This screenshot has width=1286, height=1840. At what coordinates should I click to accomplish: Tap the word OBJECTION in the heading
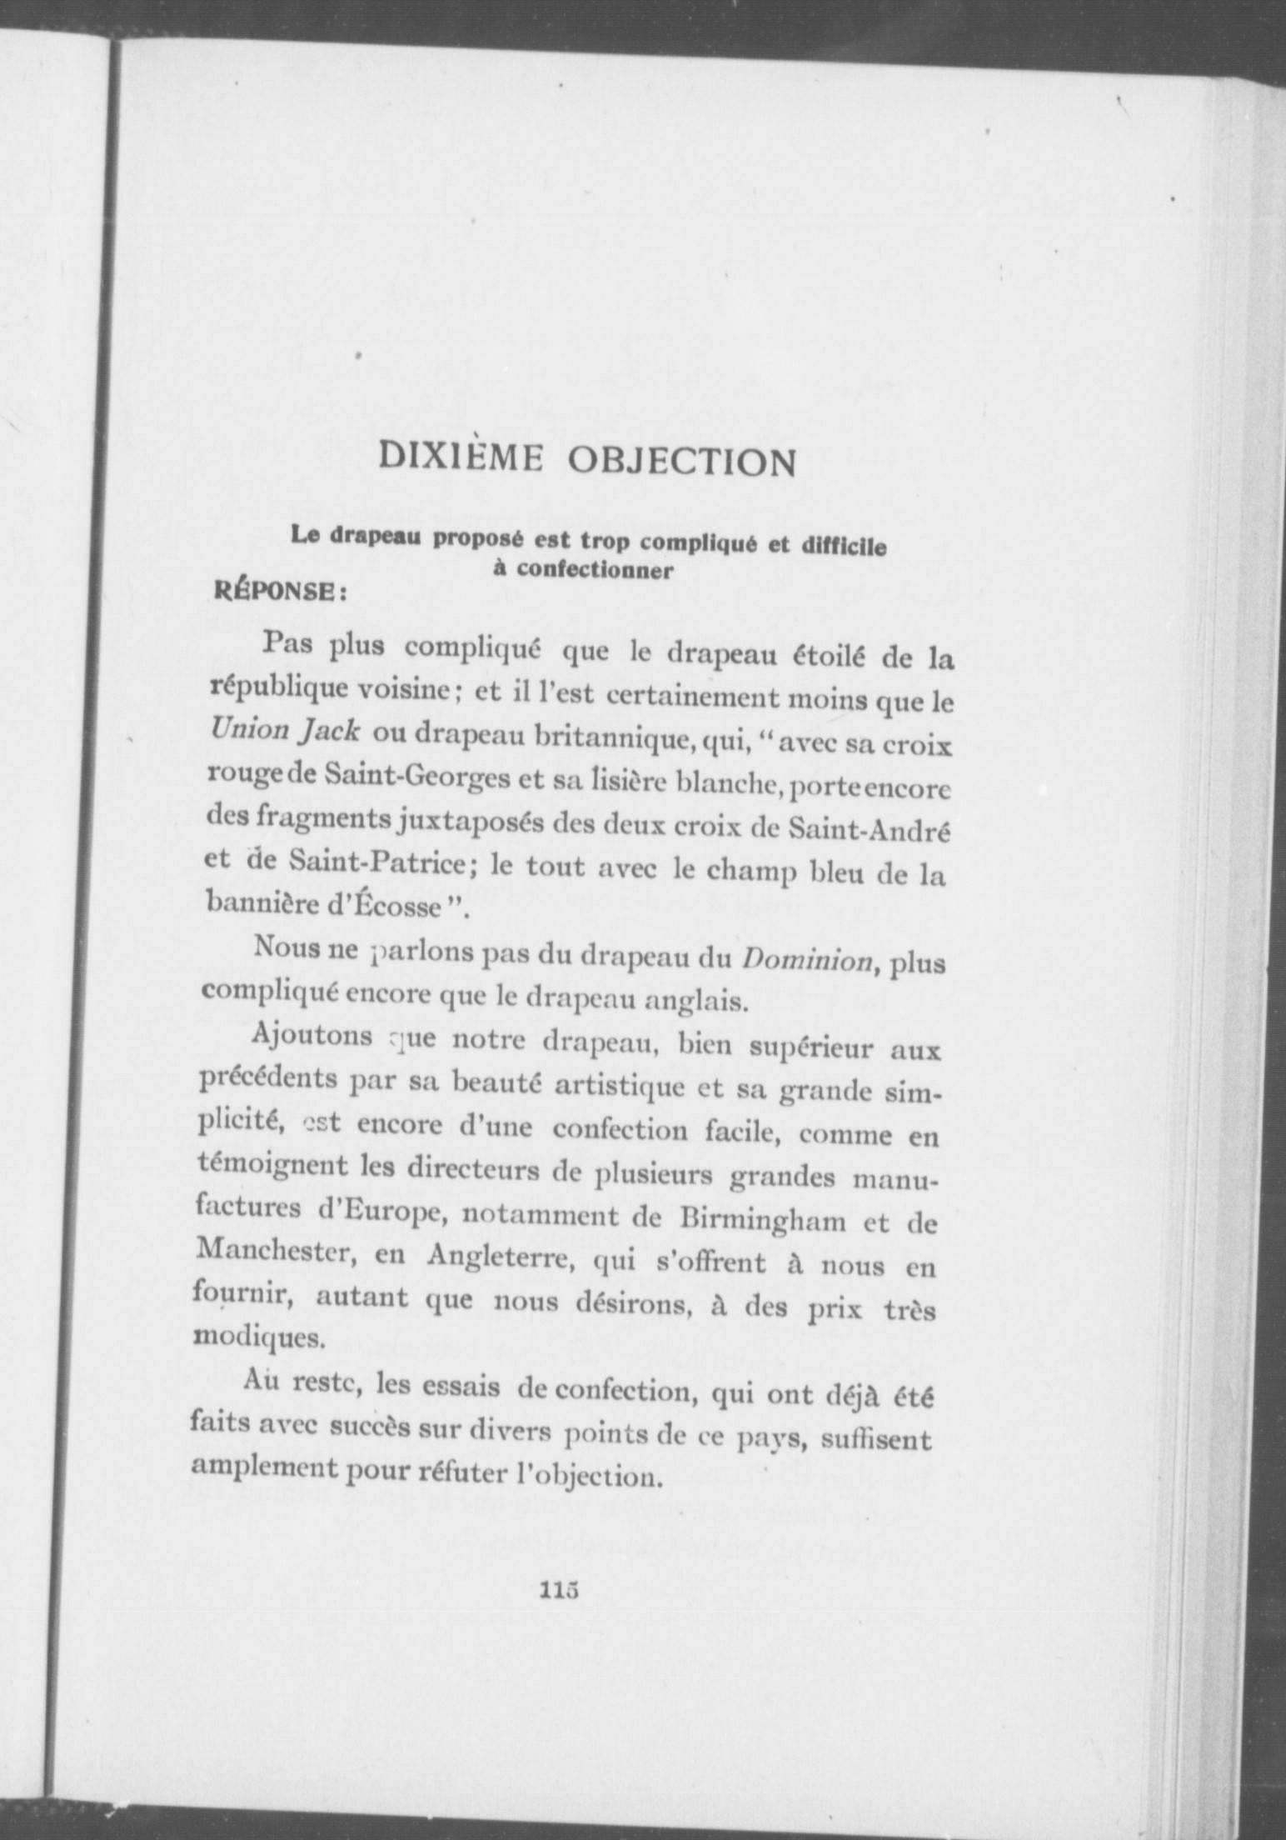pyautogui.click(x=680, y=462)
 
